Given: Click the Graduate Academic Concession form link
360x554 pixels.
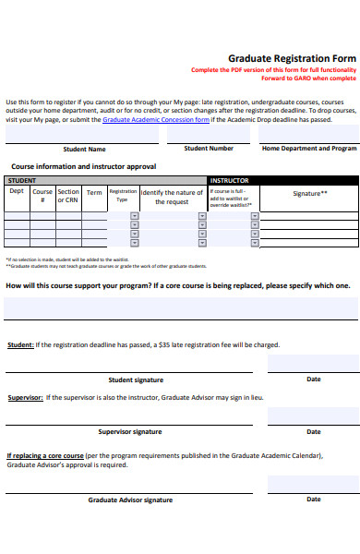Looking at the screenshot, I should tap(155, 119).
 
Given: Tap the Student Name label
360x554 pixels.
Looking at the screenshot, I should tap(84, 149).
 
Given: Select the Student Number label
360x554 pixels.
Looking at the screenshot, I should tap(209, 148).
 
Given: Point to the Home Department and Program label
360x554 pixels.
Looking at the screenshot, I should tap(309, 148).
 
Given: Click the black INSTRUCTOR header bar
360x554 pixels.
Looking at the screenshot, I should tap(283, 180).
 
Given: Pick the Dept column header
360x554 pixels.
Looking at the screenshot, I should tap(17, 192).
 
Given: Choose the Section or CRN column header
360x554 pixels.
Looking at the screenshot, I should tap(68, 196).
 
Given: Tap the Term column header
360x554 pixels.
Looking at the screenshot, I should tap(94, 193).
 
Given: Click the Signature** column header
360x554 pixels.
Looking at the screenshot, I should tap(310, 193).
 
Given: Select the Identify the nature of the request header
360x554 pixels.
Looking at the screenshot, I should tap(172, 197).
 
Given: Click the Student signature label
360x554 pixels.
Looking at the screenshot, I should tap(136, 379).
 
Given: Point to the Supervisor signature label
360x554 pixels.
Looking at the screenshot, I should tap(130, 431).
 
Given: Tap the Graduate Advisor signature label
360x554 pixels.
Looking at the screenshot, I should tap(130, 500).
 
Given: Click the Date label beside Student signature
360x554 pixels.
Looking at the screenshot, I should tap(314, 379).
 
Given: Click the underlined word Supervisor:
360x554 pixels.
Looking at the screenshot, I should tap(25, 398).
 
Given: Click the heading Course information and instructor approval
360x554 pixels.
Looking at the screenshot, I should tap(83, 166).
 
